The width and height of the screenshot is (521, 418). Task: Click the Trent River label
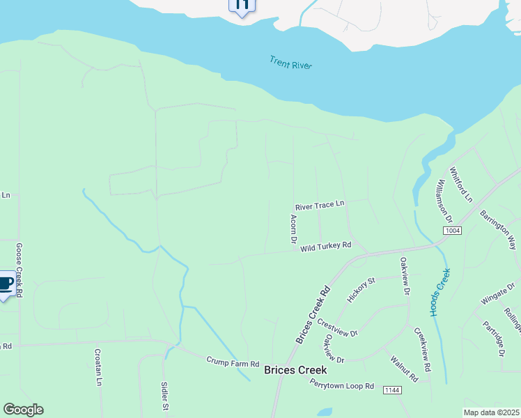[x=290, y=63]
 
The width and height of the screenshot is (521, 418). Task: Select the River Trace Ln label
[x=320, y=206]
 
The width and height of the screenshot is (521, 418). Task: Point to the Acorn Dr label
[x=294, y=229]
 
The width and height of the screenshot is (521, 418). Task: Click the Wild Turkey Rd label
[x=325, y=247]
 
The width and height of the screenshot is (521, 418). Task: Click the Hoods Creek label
[x=441, y=292]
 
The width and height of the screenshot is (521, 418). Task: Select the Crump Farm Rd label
[x=233, y=363]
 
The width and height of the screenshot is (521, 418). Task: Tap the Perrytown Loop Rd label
[x=342, y=385]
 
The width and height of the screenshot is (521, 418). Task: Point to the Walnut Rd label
[x=404, y=369]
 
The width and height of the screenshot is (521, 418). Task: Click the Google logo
[x=23, y=410]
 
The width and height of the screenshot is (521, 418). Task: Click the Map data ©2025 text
[x=492, y=412]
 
